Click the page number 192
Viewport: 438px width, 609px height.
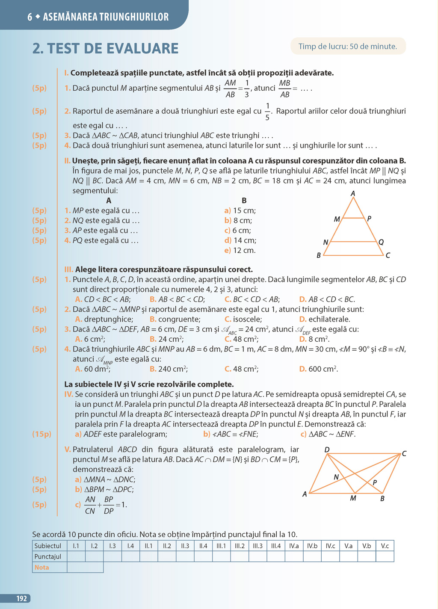point(21,598)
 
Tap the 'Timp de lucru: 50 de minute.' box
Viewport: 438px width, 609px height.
point(348,47)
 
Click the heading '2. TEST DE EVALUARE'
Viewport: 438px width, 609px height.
point(105,48)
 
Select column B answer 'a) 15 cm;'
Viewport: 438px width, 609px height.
point(240,210)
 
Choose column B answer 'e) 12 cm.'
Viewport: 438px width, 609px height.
point(240,250)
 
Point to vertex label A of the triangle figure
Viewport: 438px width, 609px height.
point(353,194)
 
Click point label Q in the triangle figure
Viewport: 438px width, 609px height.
point(381,242)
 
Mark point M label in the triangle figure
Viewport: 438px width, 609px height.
point(337,219)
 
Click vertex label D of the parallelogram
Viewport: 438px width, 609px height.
point(327,449)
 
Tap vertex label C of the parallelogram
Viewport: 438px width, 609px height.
point(404,453)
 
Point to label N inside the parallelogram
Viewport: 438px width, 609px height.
point(336,477)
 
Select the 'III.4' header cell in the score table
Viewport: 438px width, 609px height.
point(276,546)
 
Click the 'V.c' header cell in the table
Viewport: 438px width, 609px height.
point(385,546)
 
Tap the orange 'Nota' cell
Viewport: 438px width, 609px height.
point(42,567)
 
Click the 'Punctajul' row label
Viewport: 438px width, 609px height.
point(48,556)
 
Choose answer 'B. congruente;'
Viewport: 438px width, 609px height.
point(175,319)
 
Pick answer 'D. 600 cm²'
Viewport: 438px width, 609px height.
point(319,369)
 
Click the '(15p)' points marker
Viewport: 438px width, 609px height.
point(41,434)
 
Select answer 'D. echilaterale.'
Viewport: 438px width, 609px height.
point(325,319)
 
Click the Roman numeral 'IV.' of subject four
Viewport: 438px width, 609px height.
point(68,394)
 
